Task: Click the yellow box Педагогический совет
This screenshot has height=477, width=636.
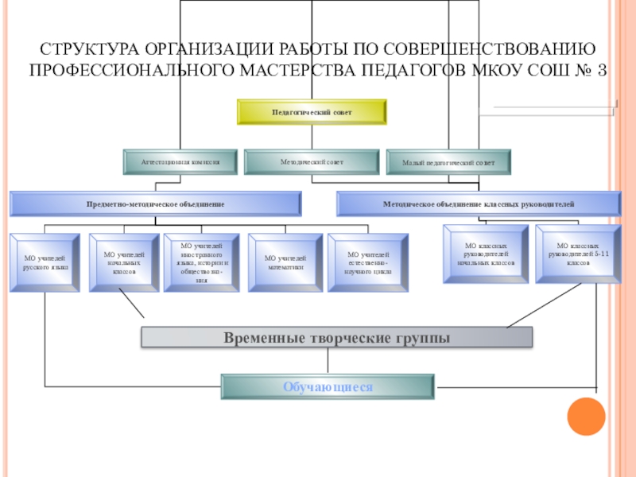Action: click(x=312, y=112)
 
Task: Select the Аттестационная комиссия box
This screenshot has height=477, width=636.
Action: click(x=180, y=161)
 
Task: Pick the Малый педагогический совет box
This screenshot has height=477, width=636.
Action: click(x=448, y=161)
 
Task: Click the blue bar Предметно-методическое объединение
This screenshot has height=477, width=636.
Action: click(x=156, y=204)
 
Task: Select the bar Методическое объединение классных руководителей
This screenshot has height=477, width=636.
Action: click(x=479, y=204)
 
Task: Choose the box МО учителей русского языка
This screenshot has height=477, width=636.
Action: click(x=45, y=262)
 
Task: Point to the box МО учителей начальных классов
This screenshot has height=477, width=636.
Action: click(x=125, y=262)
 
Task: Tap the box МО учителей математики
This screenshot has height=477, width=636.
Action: click(x=285, y=262)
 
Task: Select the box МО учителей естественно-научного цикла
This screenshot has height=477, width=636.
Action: click(x=367, y=262)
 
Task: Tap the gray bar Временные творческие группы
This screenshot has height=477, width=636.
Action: click(x=337, y=337)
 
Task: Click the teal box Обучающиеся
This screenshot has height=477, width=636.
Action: click(x=327, y=386)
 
